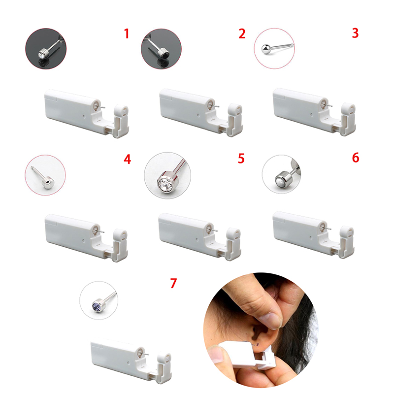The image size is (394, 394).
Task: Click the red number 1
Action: (127, 33)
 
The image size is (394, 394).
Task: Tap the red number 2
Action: (242, 33)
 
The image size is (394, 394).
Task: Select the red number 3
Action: (355, 33)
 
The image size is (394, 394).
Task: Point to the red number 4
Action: (128, 159)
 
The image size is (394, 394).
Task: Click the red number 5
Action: (241, 159)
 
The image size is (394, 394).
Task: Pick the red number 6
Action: (356, 158)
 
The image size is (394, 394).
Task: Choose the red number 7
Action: (173, 283)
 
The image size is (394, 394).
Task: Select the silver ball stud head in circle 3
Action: (266, 49)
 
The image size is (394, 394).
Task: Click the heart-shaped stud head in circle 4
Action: (48, 183)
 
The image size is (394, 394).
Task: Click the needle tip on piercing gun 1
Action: (104, 108)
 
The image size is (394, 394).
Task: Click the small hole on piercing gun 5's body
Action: (197, 239)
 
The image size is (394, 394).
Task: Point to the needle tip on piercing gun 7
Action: (148, 355)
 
